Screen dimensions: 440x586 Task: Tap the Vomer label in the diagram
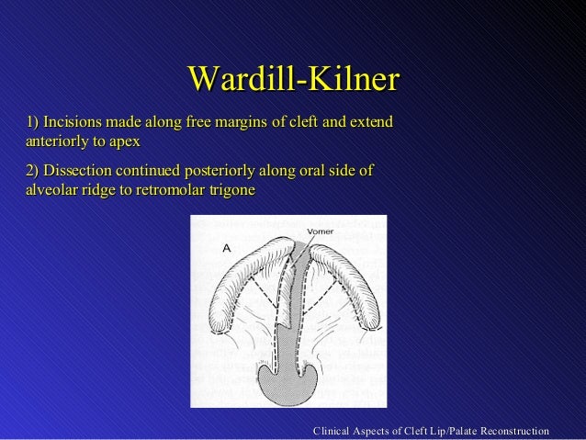tap(319, 231)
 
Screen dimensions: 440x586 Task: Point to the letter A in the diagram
tap(226, 248)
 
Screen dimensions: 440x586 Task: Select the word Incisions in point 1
tap(72, 122)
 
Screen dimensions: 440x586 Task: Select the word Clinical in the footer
tap(334, 431)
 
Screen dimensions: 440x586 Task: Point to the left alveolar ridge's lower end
tap(218, 318)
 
